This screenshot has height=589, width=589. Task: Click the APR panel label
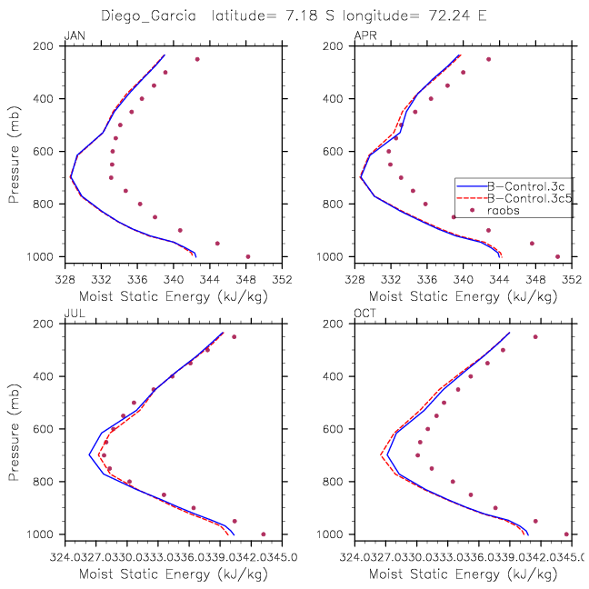point(363,35)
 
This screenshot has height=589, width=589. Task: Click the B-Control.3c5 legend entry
point(529,196)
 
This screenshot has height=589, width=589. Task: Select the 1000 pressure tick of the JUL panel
point(43,534)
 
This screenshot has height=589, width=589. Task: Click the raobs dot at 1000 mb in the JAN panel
point(248,256)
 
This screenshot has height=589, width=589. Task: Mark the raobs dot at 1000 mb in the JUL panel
point(264,534)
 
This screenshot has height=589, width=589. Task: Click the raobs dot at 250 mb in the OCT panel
point(535,336)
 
